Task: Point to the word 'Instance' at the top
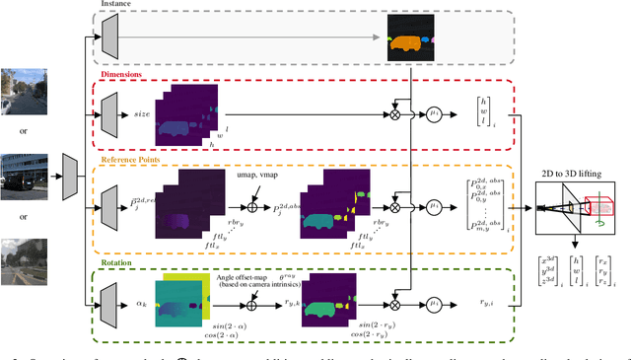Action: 115,5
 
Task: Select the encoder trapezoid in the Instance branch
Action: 109,38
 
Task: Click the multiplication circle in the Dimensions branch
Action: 396,114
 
